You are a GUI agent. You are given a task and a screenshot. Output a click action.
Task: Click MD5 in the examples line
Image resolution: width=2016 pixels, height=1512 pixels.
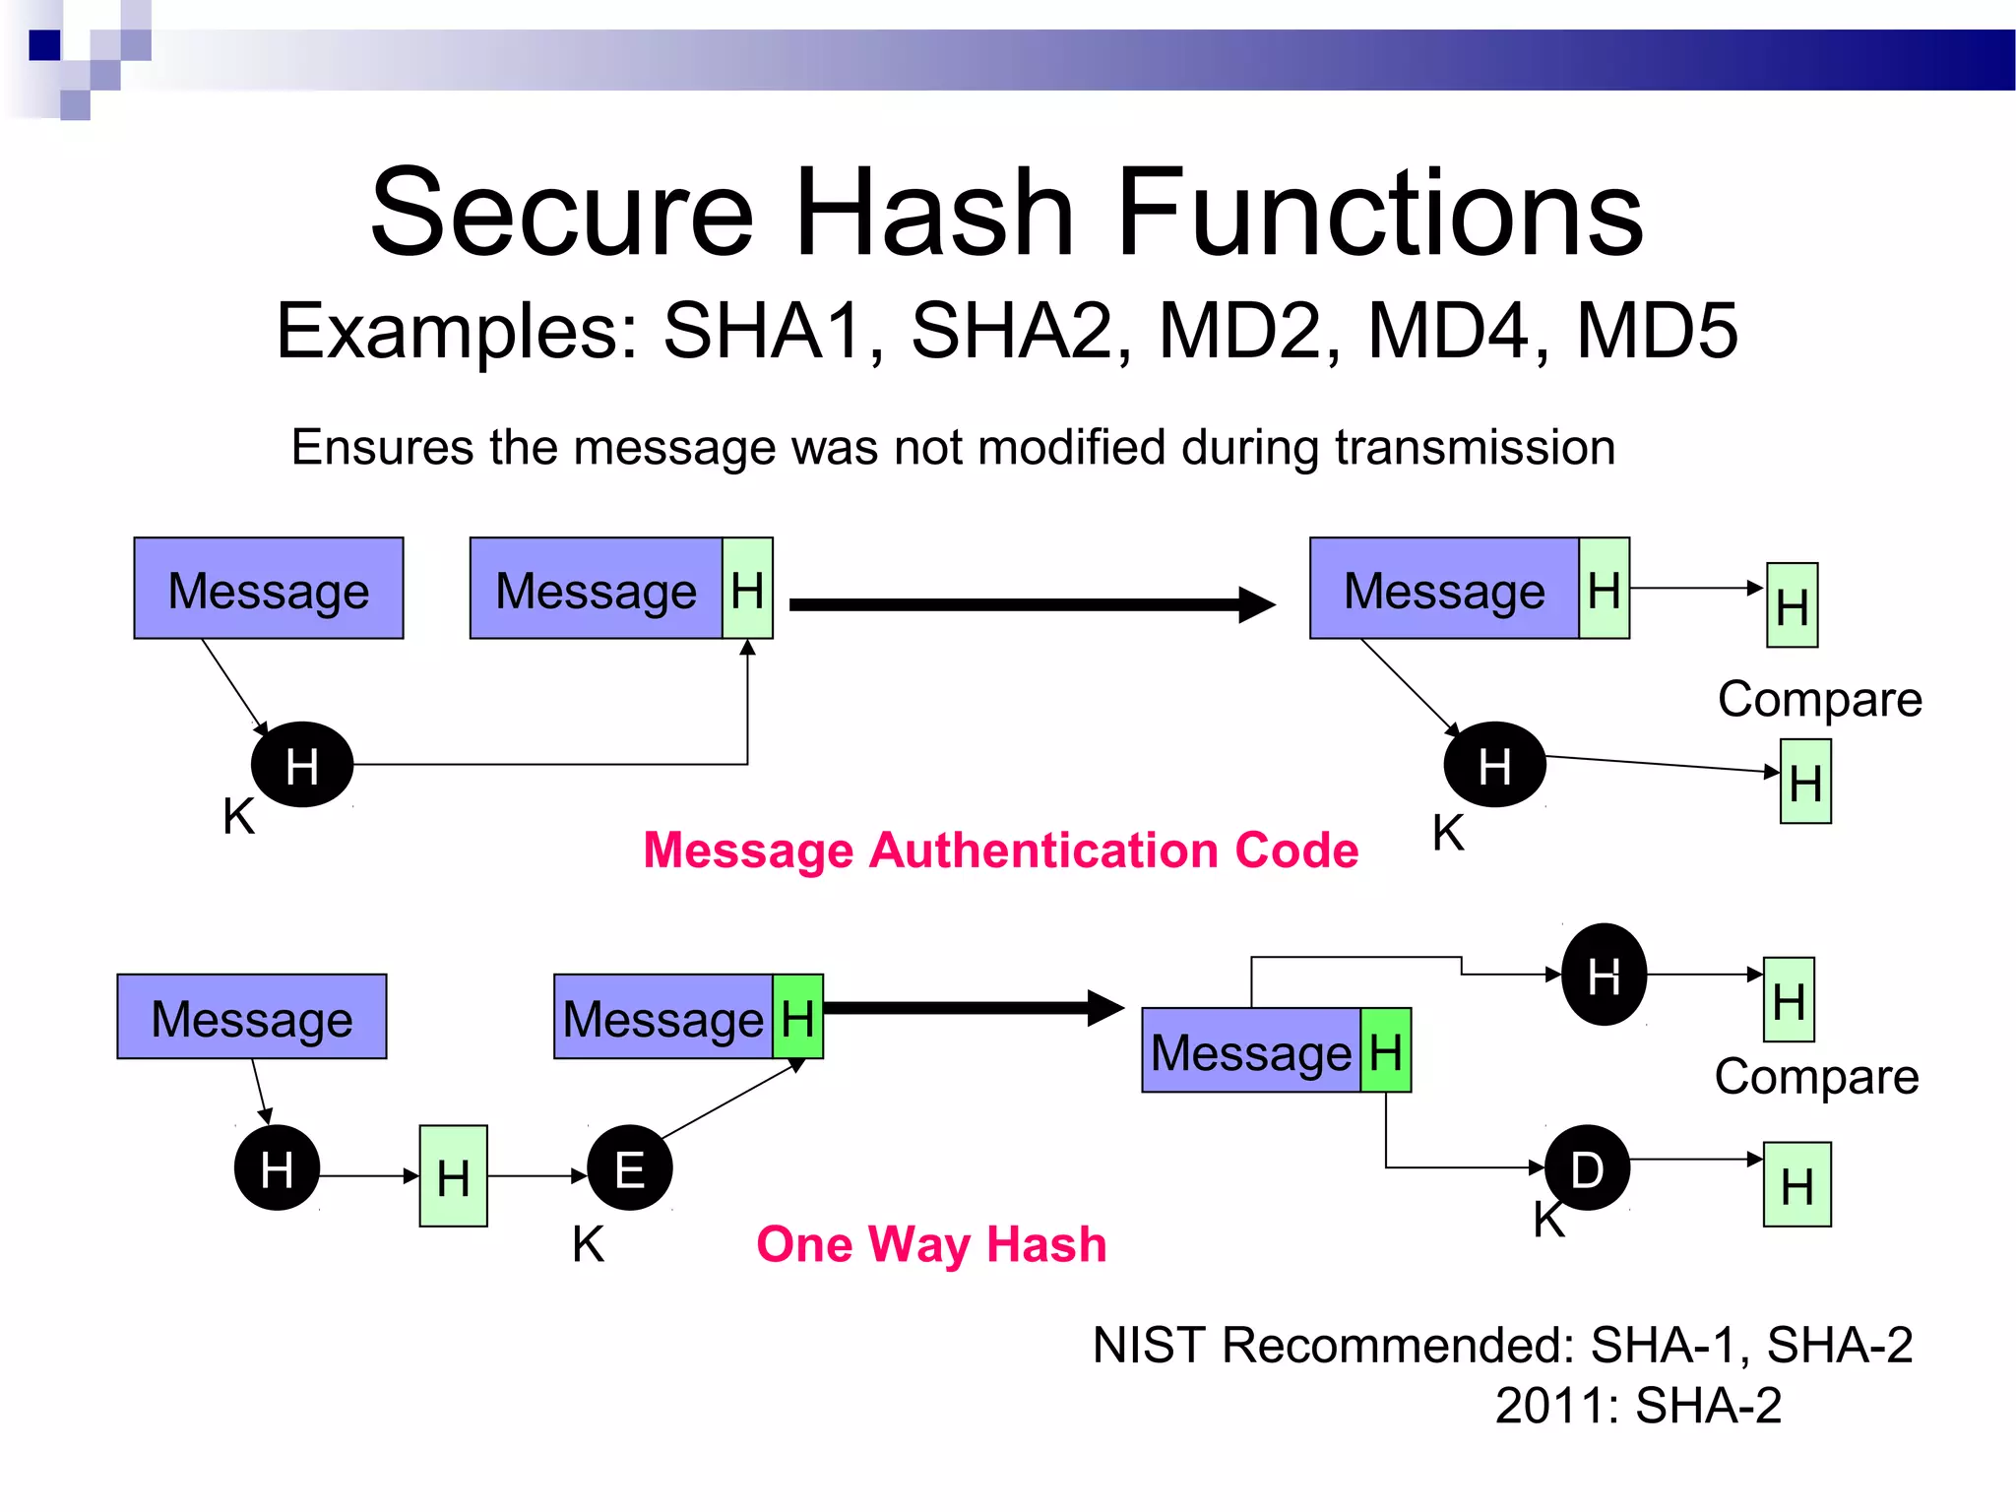point(1657,331)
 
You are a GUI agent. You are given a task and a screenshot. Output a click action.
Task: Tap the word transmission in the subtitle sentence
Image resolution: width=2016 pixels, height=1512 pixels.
point(1474,448)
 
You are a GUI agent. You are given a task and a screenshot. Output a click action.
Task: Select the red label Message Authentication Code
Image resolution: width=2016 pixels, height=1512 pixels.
point(1000,850)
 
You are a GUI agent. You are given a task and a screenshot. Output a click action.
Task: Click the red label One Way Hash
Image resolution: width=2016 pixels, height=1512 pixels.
point(931,1243)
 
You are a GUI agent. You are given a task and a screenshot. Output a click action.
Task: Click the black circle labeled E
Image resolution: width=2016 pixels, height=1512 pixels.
point(629,1168)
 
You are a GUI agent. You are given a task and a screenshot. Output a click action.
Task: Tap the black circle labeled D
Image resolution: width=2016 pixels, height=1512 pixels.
point(1587,1168)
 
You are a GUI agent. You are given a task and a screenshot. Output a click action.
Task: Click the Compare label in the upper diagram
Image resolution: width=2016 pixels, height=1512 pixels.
point(1819,700)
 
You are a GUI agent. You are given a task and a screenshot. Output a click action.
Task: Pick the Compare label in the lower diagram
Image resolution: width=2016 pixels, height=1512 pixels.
point(1816,1077)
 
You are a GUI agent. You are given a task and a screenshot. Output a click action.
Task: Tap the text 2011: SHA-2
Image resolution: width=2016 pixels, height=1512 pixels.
point(1637,1406)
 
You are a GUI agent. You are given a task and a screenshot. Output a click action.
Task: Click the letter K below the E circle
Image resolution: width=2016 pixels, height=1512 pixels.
point(588,1244)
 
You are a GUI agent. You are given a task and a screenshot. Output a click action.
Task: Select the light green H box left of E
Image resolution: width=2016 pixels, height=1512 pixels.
point(453,1176)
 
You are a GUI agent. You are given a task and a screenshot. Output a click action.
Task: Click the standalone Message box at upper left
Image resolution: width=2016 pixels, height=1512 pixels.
point(269,589)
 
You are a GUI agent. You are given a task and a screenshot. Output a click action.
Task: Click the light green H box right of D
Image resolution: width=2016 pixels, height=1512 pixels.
point(1796,1184)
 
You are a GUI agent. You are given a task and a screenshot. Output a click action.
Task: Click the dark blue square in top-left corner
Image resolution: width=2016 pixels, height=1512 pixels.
point(44,45)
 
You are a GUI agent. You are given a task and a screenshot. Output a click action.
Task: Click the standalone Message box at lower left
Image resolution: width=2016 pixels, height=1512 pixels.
point(252,1017)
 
